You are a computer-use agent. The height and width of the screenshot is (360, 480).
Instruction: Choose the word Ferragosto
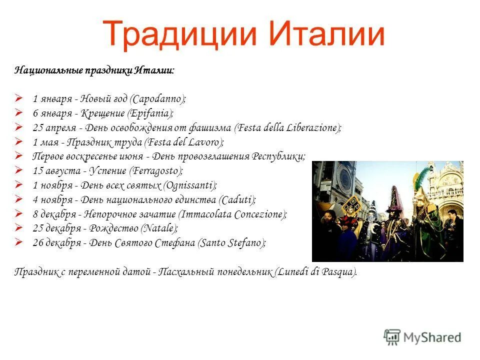click(x=156, y=171)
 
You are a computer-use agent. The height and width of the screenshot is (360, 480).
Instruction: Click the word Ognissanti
click(x=190, y=185)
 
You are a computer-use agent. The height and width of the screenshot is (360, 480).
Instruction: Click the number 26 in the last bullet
click(x=38, y=243)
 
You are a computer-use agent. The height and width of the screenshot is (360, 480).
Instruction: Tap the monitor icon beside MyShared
click(x=392, y=337)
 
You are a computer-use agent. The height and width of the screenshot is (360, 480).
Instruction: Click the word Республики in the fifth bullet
click(x=278, y=156)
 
